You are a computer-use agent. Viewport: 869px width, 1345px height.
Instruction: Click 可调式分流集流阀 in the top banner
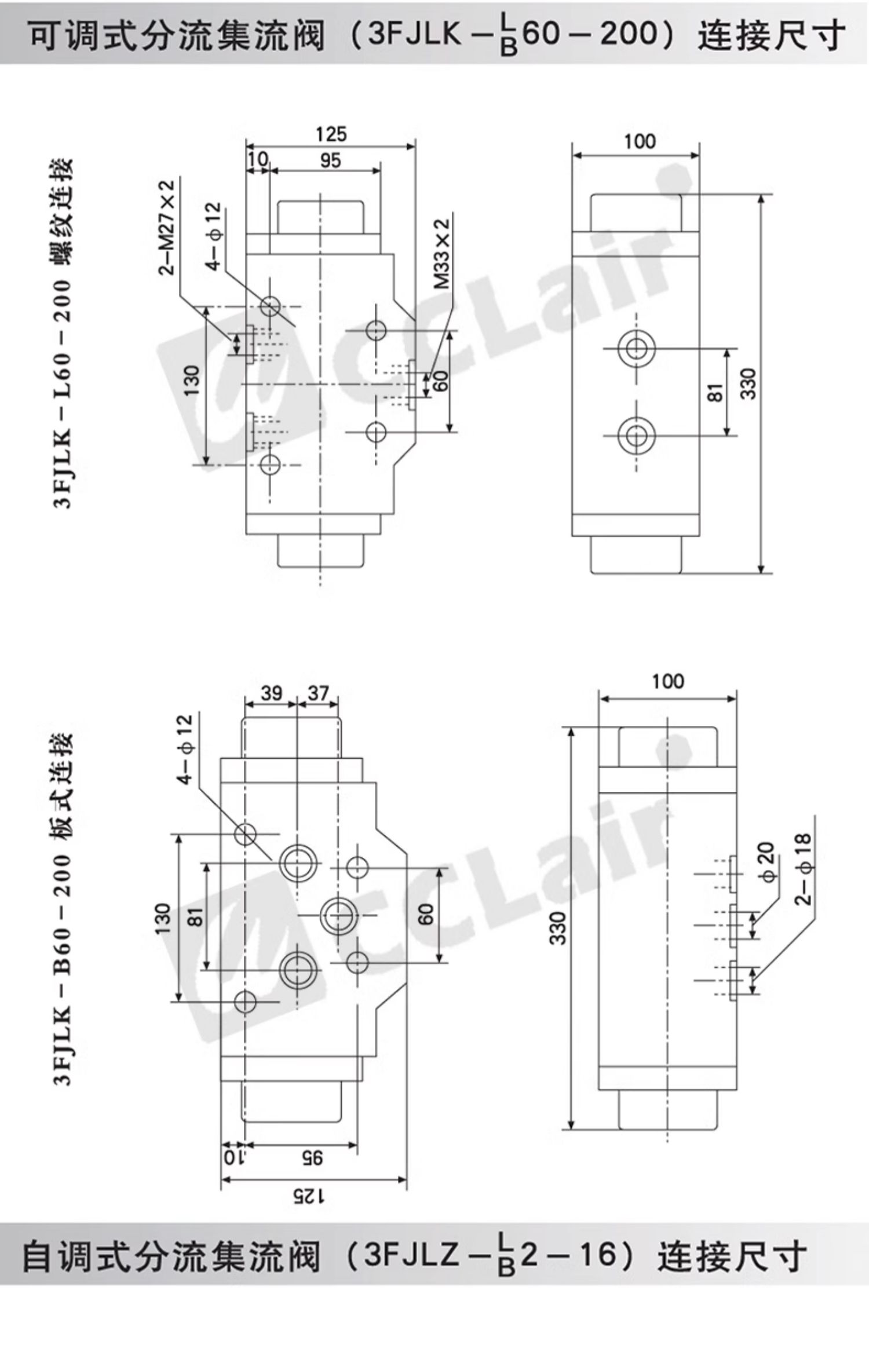click(x=176, y=35)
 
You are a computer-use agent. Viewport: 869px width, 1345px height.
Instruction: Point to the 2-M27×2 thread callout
click(x=167, y=228)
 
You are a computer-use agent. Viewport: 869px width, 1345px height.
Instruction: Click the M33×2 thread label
click(x=443, y=254)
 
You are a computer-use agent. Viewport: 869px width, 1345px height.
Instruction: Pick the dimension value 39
click(x=271, y=692)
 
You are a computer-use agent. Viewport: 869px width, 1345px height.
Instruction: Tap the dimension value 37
click(x=318, y=692)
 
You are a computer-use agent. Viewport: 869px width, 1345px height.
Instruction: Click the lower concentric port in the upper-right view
click(x=636, y=436)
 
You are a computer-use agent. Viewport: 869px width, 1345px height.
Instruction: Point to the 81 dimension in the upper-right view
click(x=716, y=392)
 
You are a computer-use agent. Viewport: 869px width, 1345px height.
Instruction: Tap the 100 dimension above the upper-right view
click(x=640, y=141)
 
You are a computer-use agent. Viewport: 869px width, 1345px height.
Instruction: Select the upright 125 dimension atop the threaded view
click(x=331, y=134)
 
